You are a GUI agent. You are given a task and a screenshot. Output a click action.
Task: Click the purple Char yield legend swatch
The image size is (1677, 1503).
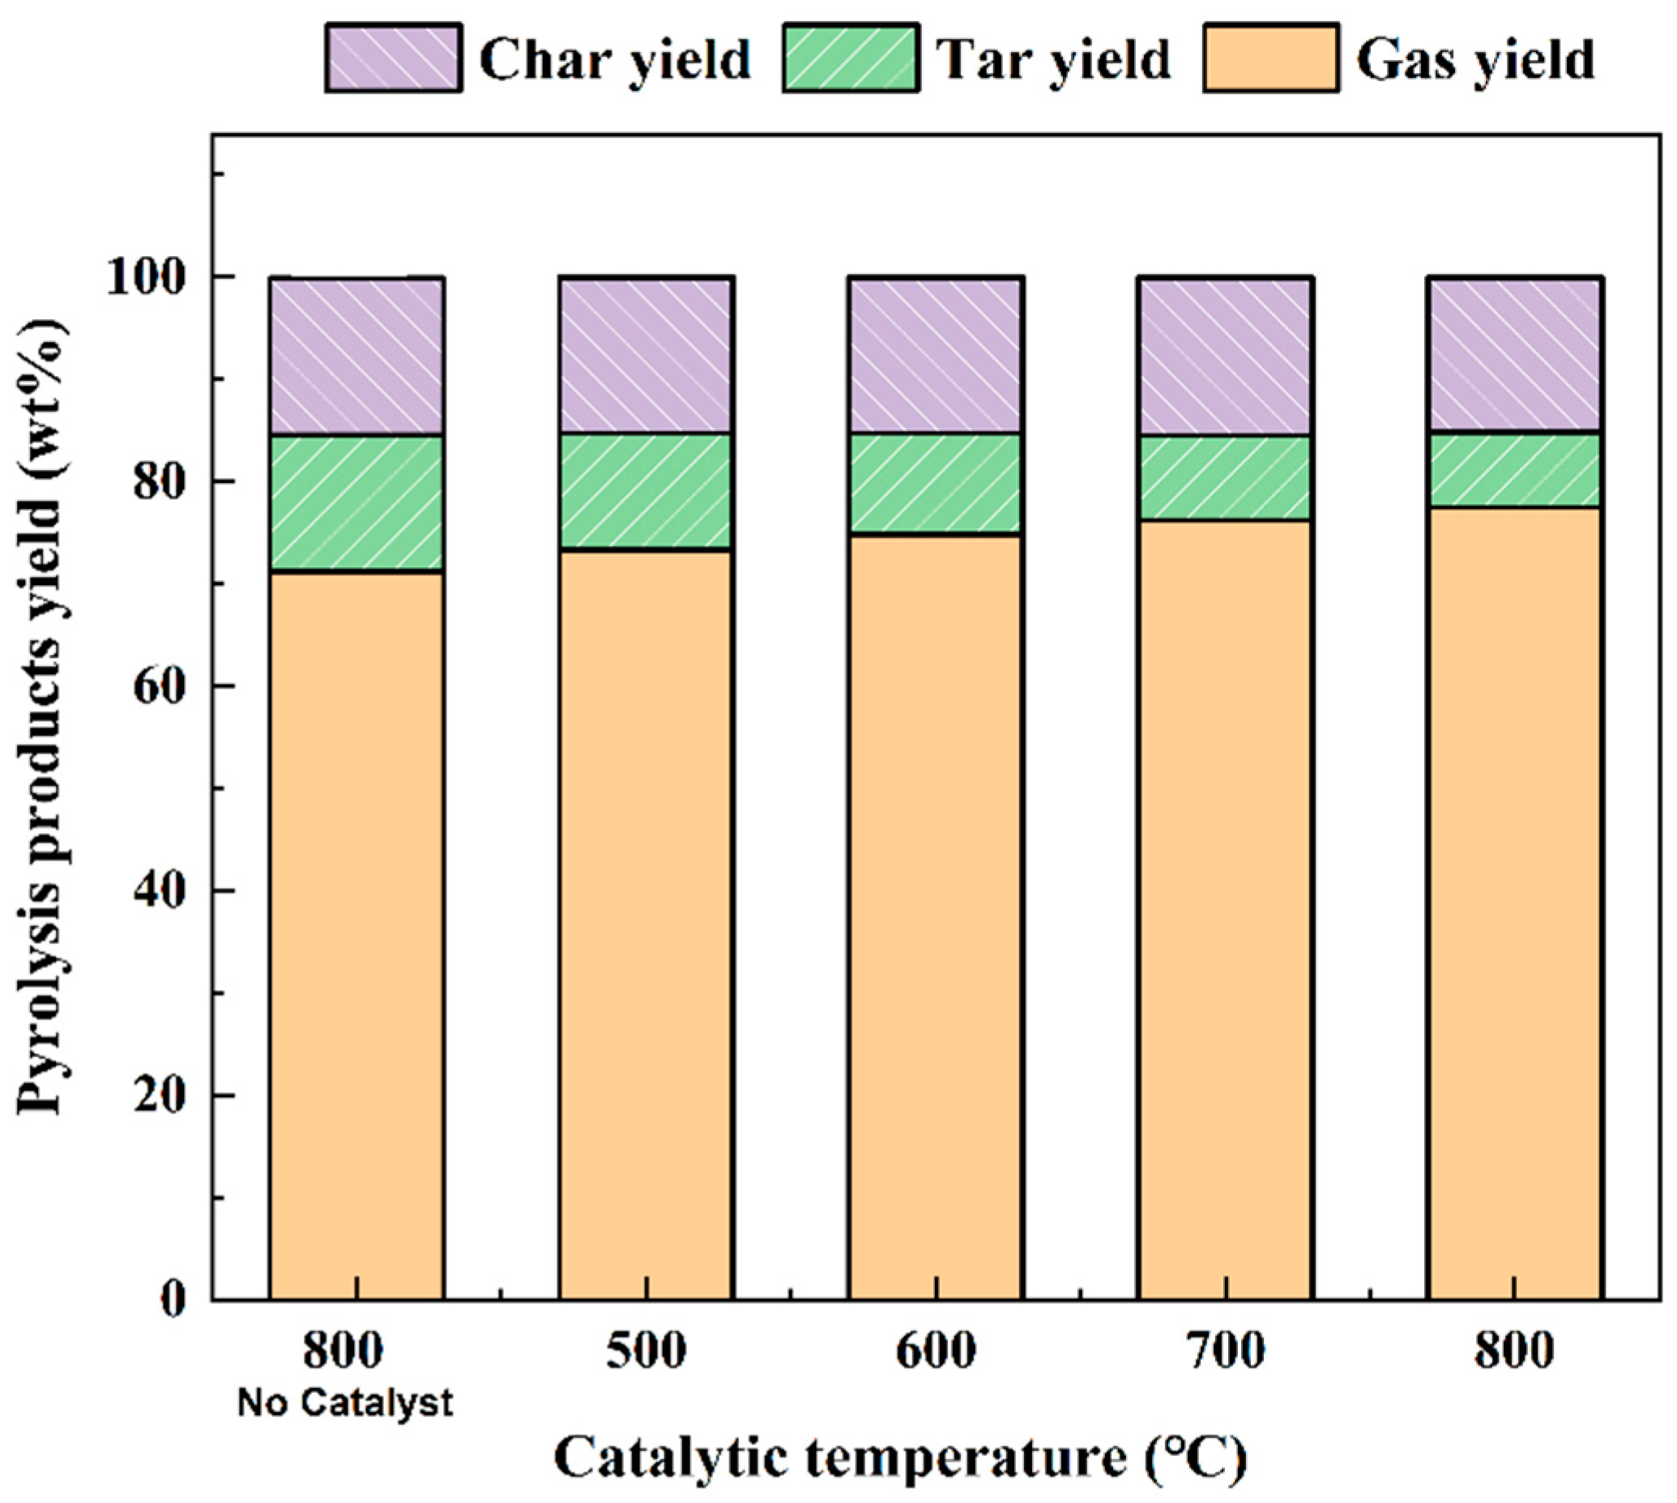click(x=393, y=58)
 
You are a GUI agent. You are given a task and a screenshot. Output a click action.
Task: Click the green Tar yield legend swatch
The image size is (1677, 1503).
click(x=851, y=58)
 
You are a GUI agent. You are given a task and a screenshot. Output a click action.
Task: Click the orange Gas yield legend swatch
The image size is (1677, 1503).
click(x=1271, y=58)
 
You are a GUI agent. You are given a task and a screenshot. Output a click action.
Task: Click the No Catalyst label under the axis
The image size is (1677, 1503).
click(x=345, y=1403)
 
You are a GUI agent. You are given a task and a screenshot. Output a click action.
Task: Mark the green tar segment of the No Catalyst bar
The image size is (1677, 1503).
click(x=356, y=502)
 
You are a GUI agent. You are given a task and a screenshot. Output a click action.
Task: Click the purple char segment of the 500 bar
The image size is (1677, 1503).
click(x=646, y=355)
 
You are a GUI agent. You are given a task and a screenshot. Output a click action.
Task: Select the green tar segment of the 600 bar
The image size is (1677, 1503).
click(x=936, y=484)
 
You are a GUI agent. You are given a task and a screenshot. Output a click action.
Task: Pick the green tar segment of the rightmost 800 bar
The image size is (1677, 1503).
click(x=1516, y=470)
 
